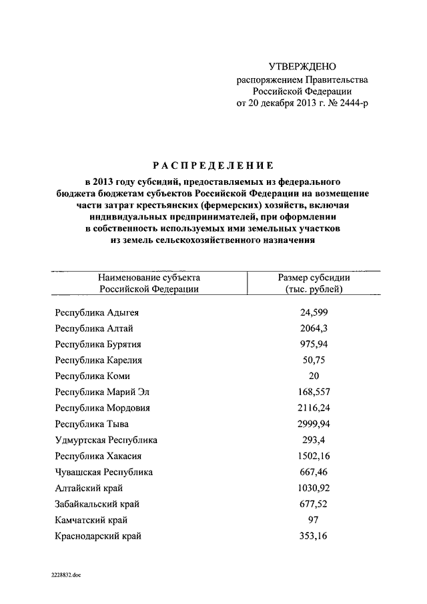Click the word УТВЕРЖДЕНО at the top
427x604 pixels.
[302, 66]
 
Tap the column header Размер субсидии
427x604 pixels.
[314, 277]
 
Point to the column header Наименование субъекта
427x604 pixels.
[149, 277]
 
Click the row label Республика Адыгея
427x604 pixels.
[97, 312]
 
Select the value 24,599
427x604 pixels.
[314, 312]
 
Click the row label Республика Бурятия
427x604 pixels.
[99, 344]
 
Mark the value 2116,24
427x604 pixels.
[314, 408]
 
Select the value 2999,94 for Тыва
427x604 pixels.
[314, 424]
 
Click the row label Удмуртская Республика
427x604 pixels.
[107, 440]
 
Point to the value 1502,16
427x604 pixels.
[314, 456]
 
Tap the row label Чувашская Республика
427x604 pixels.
[105, 472]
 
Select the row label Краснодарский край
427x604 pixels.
[99, 535]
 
